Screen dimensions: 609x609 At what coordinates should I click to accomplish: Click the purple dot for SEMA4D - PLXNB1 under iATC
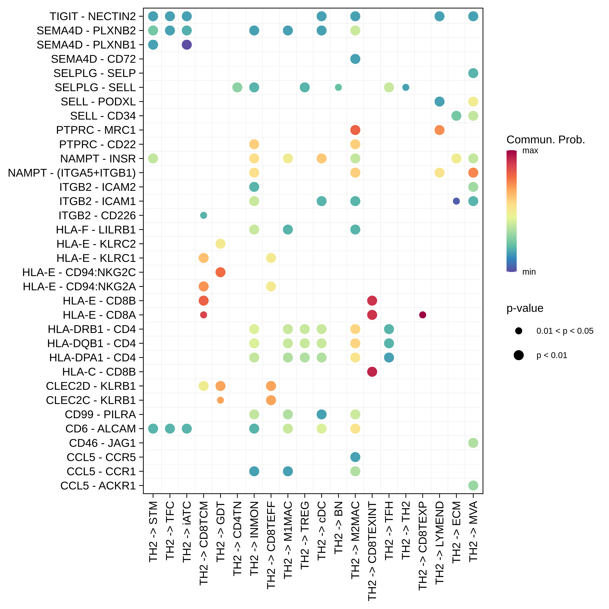tap(187, 45)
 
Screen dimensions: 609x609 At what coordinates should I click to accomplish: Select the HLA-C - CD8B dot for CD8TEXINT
tap(372, 372)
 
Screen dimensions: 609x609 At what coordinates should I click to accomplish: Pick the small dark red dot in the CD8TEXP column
tap(423, 315)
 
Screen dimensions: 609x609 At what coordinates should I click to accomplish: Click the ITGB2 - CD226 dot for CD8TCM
tap(204, 215)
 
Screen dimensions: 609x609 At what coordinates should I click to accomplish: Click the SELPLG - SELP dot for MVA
tap(473, 73)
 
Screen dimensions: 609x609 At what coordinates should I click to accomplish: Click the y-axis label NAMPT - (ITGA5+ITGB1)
tap(72, 173)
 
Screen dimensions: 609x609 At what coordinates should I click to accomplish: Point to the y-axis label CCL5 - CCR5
tap(101, 457)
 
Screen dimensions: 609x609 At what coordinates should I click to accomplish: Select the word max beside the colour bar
tap(530, 150)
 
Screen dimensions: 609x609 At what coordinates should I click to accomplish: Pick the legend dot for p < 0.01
tap(518, 355)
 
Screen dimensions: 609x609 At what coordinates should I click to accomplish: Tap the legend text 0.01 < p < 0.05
tap(565, 331)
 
